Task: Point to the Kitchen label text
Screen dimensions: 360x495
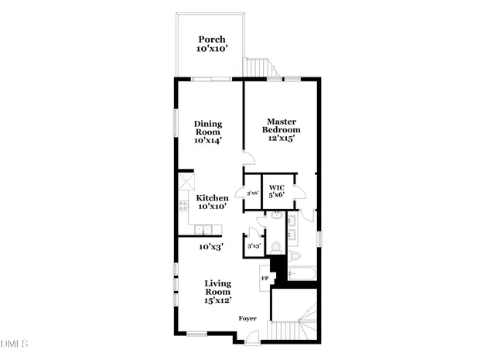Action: (211, 198)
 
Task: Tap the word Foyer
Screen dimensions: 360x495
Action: (247, 318)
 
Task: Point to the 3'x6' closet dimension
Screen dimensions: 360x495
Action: (252, 193)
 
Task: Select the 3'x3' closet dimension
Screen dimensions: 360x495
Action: (253, 246)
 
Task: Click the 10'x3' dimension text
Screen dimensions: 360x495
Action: (212, 247)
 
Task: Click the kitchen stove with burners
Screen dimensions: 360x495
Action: (183, 206)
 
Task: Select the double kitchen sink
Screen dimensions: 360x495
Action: (204, 229)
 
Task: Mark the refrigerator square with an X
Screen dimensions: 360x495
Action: (186, 183)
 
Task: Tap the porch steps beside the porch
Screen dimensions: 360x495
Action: (255, 68)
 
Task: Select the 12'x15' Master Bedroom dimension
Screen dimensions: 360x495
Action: (283, 139)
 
